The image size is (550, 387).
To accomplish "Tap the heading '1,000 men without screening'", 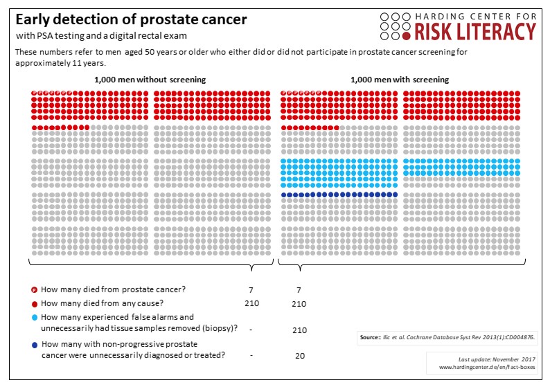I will [150, 80].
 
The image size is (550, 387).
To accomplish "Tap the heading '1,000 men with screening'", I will [400, 80].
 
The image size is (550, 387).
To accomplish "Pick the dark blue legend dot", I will [35, 344].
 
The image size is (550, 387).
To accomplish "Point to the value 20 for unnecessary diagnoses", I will [300, 355].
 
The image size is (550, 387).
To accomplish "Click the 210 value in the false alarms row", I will [300, 330].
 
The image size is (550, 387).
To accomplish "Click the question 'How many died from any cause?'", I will [103, 303].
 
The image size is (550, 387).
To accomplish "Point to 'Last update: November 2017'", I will [488, 360].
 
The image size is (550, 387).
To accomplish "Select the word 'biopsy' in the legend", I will [220, 327].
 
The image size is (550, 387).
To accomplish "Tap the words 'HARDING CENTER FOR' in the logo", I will [475, 15].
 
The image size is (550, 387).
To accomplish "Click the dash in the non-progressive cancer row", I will [251, 355].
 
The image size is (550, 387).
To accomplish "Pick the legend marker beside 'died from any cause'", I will [35, 303].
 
